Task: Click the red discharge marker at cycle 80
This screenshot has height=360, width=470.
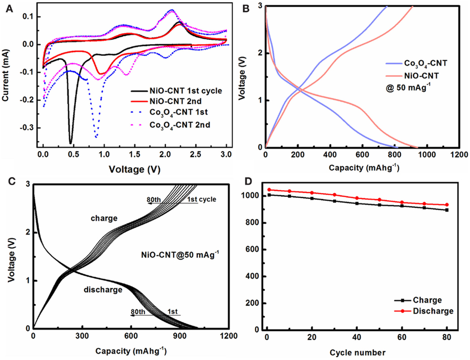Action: tap(447, 205)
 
